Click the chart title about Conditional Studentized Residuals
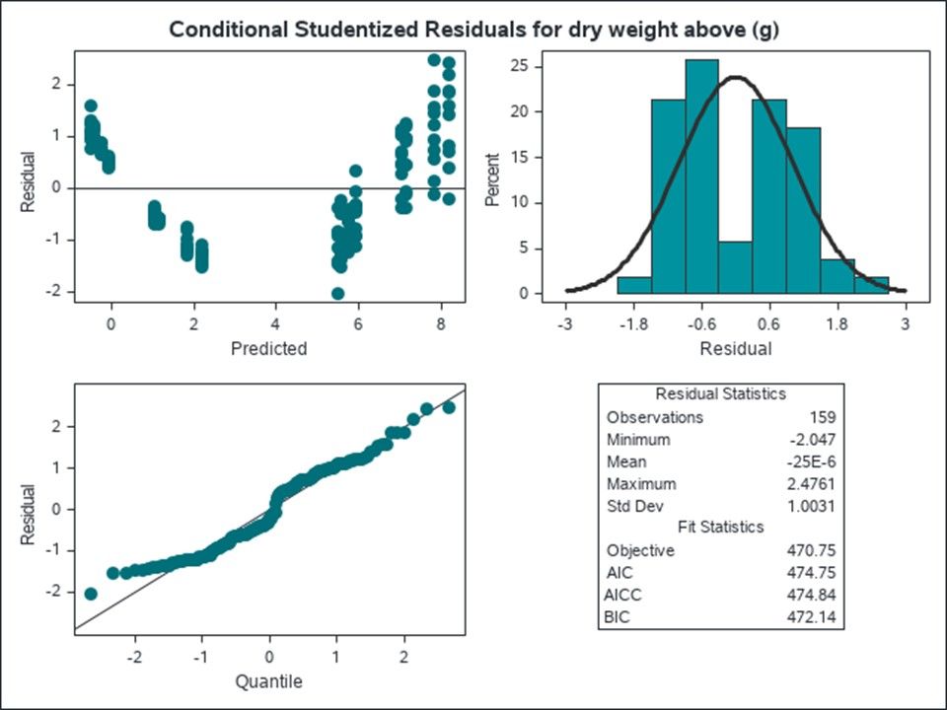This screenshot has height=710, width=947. click(x=473, y=30)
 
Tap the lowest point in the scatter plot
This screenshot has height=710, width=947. click(x=338, y=293)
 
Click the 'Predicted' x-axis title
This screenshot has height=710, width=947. click(x=268, y=348)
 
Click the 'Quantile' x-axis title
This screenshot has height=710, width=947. click(x=268, y=681)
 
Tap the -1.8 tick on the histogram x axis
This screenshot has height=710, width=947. click(x=634, y=322)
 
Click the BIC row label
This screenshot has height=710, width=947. click(x=620, y=617)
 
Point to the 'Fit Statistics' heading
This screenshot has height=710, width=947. click(x=720, y=528)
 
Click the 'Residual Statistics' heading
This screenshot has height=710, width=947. click(x=720, y=393)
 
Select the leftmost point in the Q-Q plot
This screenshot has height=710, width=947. click(x=91, y=594)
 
